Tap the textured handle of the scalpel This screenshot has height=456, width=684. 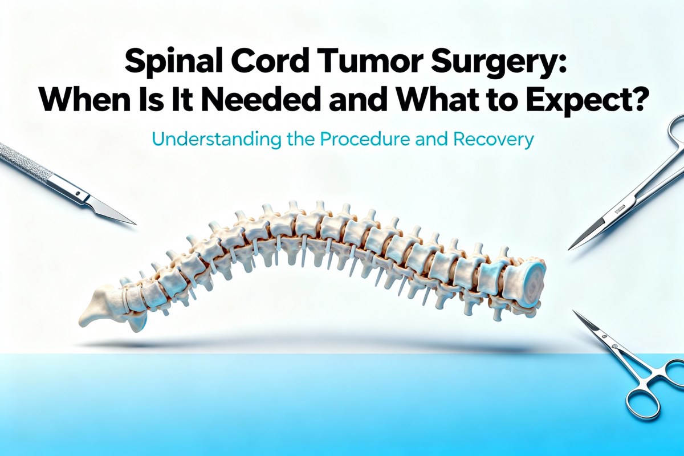coord(23,162)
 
